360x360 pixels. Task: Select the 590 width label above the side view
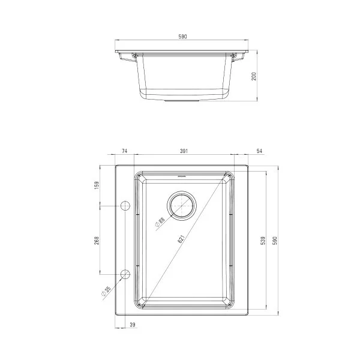(183, 37)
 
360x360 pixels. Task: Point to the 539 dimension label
(262, 241)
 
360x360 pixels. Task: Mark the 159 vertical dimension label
(96, 185)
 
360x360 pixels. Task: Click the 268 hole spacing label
(96, 240)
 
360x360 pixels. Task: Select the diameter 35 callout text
(107, 290)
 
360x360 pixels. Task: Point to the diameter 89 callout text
(160, 222)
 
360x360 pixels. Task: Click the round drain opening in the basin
(182, 205)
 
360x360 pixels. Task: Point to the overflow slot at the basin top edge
(182, 176)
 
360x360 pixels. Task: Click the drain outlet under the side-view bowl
(183, 102)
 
